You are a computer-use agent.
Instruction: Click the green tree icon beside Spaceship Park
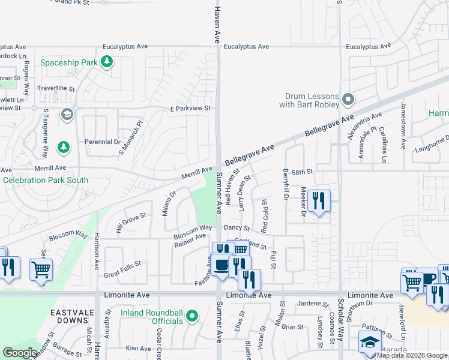(107, 62)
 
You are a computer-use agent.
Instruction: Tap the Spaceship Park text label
(68, 62)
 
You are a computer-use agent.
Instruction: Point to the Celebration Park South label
(46, 180)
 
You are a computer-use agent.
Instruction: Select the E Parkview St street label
(190, 109)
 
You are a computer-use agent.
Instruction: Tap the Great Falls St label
(122, 263)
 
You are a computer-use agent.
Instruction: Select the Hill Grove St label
(131, 221)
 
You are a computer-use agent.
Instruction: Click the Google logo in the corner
(20, 353)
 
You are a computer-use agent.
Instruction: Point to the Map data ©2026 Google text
(411, 355)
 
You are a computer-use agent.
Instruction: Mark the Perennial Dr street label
(103, 142)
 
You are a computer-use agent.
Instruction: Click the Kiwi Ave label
(138, 348)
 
